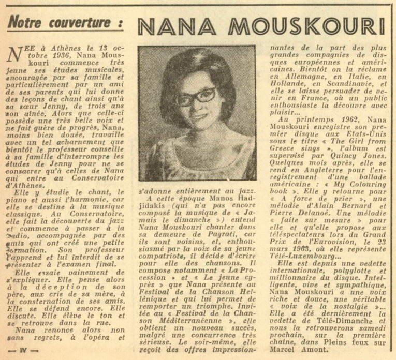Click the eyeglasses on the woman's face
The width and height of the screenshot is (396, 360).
(x=196, y=97)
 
